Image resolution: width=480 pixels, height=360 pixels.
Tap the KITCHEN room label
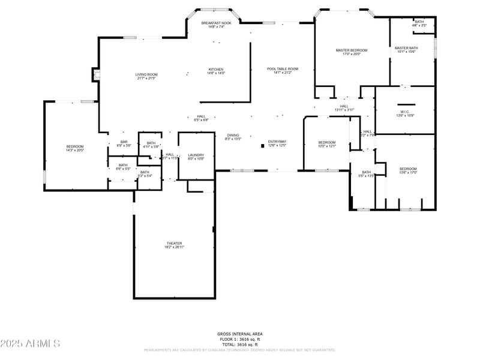tap(216, 71)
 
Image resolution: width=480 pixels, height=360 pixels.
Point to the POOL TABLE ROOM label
tap(282, 71)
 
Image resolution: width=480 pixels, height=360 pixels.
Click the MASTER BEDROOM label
tap(351, 52)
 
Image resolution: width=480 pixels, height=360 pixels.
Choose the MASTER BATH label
tap(406, 49)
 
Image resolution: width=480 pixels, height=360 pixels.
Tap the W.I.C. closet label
tap(404, 113)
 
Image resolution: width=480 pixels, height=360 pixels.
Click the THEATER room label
tap(175, 245)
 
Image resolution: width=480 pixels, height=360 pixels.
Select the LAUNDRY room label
tap(196, 157)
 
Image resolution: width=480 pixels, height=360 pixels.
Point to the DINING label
tap(233, 137)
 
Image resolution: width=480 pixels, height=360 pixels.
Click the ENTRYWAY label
tap(277, 143)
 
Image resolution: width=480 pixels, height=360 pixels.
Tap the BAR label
tap(124, 143)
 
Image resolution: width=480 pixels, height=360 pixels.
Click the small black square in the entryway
tap(263, 145)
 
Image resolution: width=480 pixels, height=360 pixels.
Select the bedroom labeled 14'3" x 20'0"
tap(75, 148)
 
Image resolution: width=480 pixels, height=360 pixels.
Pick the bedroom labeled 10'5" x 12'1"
tap(326, 144)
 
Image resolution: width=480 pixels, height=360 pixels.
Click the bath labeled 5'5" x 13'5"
tap(366, 174)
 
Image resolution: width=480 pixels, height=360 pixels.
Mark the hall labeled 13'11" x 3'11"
tap(344, 108)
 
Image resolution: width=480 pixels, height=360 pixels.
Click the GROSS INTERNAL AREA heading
tap(239, 334)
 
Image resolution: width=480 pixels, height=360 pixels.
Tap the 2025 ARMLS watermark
tap(30, 344)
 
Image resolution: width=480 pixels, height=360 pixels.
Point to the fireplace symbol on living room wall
tap(95, 74)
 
